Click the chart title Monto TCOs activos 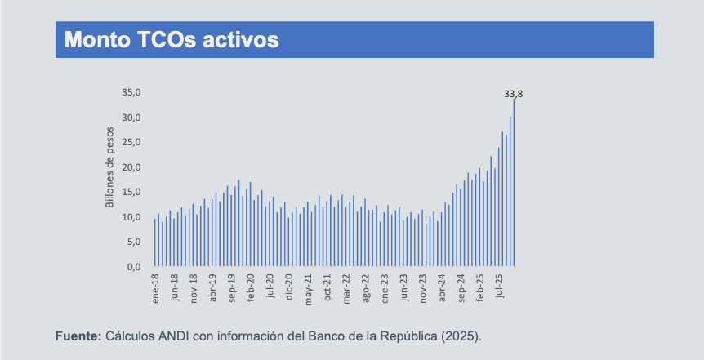(x=172, y=40)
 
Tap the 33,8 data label (x=513, y=94)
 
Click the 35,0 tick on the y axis (x=132, y=92)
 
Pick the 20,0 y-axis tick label (x=132, y=167)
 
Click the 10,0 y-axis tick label (x=132, y=217)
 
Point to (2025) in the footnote (x=464, y=336)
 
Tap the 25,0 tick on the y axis (x=132, y=142)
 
